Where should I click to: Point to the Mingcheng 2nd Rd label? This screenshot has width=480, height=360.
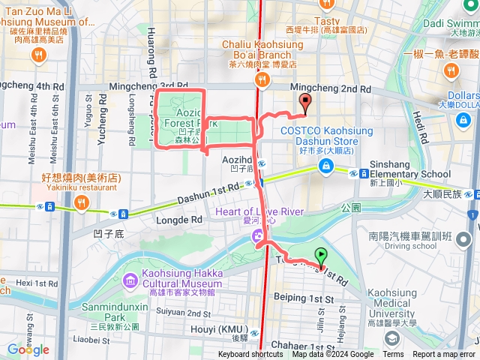(x=331, y=88)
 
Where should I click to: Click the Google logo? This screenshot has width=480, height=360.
(x=28, y=349)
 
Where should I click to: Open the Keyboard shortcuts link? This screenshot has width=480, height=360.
(x=250, y=355)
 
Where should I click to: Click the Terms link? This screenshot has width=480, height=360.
(x=393, y=355)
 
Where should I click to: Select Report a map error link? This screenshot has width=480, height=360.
(x=444, y=355)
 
